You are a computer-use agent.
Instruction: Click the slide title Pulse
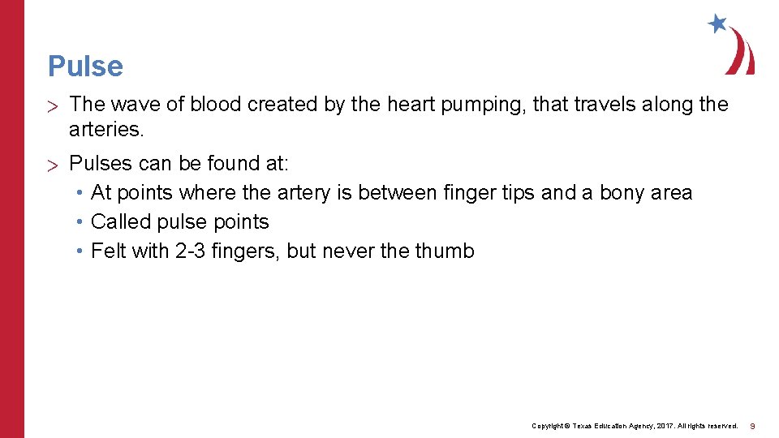(85, 67)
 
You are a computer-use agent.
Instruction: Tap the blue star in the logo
(717, 24)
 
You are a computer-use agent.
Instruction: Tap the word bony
(622, 193)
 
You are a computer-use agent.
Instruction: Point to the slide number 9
(753, 426)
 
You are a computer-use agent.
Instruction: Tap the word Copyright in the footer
(548, 426)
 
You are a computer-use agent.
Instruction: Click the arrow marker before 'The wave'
(54, 105)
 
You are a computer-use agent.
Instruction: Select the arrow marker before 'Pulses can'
(54, 165)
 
